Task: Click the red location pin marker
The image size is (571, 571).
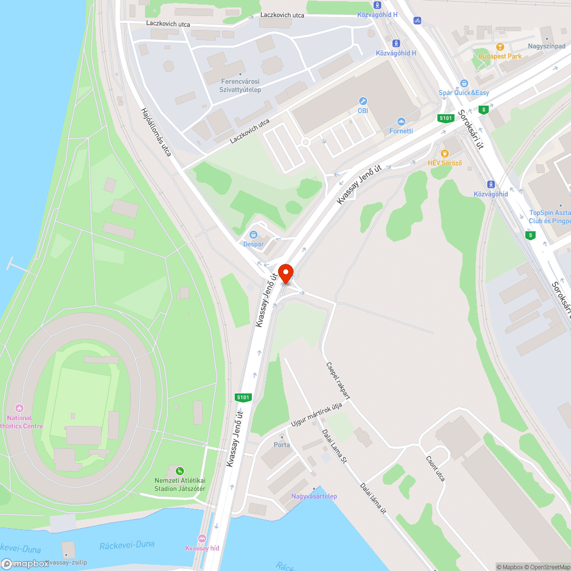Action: [285, 274]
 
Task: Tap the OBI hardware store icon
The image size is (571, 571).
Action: [363, 101]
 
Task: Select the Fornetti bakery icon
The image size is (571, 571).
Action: [401, 122]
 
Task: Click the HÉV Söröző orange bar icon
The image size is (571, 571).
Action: [445, 153]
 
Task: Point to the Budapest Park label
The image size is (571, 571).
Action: [500, 56]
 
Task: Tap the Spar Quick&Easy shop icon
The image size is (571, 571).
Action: [464, 83]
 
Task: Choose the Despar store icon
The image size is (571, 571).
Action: [254, 235]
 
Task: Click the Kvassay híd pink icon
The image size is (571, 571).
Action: [202, 538]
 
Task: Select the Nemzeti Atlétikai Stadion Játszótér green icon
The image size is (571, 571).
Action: [180, 471]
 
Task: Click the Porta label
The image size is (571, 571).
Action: [282, 445]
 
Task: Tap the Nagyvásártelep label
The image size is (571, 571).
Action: [314, 496]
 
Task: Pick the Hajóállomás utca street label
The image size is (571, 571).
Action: [156, 132]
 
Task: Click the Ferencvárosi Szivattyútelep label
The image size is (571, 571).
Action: [240, 86]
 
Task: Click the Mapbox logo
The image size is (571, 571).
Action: [25, 564]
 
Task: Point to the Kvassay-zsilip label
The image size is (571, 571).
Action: [66, 562]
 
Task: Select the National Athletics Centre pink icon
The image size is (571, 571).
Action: [20, 408]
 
